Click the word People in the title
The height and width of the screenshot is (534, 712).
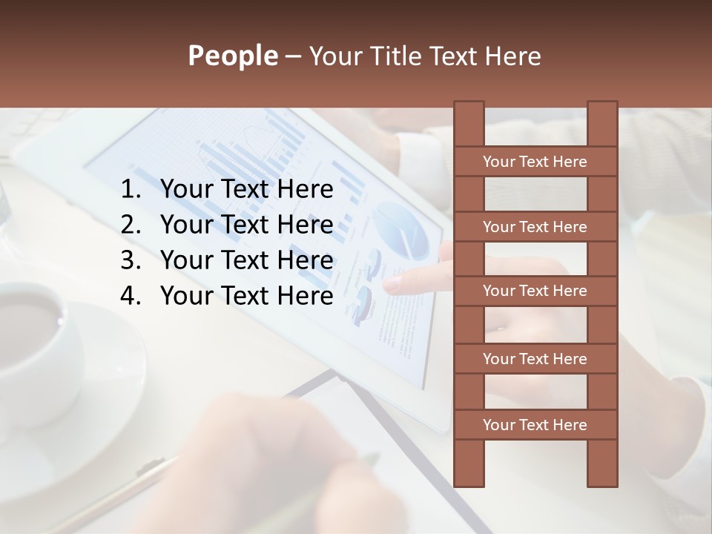[x=232, y=56]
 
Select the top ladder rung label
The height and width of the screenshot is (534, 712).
[x=535, y=162]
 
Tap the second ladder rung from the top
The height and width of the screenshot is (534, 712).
[x=535, y=227]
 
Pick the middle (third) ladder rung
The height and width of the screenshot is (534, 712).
[x=535, y=291]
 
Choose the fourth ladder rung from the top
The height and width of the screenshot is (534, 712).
[x=535, y=359]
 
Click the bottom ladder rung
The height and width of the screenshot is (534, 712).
[x=535, y=425]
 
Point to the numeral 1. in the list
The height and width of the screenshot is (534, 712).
[x=130, y=191]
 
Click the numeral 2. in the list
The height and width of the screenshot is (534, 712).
[x=130, y=225]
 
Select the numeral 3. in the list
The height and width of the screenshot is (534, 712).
[x=130, y=261]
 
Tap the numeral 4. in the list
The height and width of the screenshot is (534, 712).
[x=130, y=297]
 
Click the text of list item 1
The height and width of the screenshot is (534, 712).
[x=247, y=191]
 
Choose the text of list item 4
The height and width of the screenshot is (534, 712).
[x=247, y=297]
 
